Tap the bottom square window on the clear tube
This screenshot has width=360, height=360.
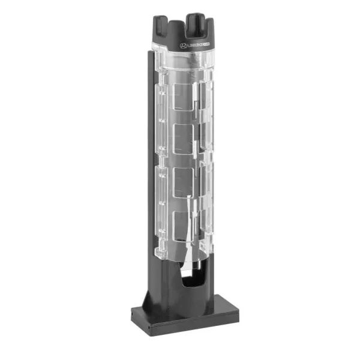coord(184,225)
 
